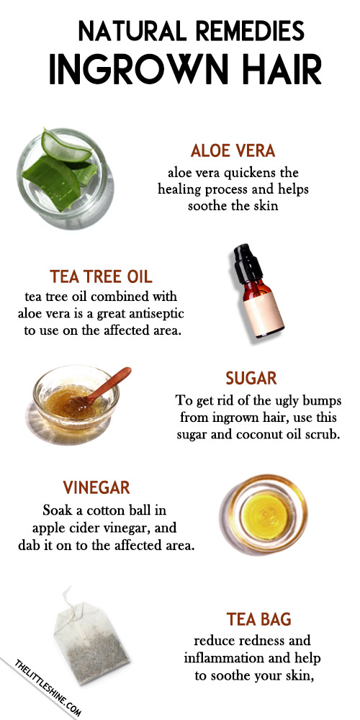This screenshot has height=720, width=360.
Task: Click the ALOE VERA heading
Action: point(233,150)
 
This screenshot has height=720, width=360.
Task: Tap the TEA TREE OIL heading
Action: point(101,277)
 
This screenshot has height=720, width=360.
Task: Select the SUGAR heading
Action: point(251,378)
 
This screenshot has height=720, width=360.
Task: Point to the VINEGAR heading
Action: point(96,487)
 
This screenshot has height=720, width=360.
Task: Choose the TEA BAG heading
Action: point(258,619)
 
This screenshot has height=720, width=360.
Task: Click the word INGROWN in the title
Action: point(138,71)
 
